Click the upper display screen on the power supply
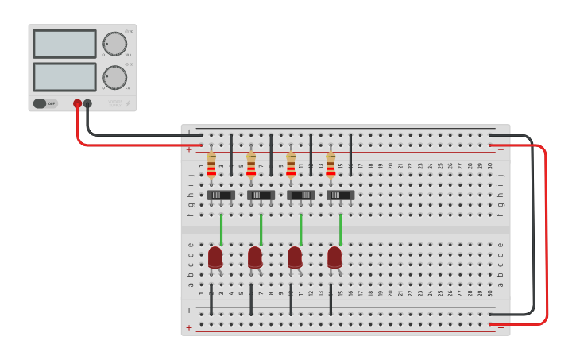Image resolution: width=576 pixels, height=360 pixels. pyautogui.click(x=64, y=44)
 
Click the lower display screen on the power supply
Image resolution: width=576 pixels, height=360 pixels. pyautogui.click(x=64, y=76)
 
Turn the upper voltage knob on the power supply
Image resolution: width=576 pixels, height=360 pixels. pyautogui.click(x=114, y=44)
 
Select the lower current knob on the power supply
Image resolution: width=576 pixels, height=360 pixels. pyautogui.click(x=114, y=77)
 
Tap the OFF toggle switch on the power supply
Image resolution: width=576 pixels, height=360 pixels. pyautogui.click(x=45, y=103)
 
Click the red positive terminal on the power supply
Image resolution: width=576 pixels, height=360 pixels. pyautogui.click(x=77, y=103)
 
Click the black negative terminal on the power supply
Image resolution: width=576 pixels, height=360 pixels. pyautogui.click(x=87, y=103)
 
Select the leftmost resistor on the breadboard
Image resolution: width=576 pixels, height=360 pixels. pyautogui.click(x=211, y=166)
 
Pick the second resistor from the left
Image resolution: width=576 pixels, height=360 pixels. pyautogui.click(x=251, y=166)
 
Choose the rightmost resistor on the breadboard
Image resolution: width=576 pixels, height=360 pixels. pyautogui.click(x=331, y=166)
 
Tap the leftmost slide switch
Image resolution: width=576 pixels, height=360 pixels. pyautogui.click(x=220, y=195)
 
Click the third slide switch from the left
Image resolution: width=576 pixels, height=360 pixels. pyautogui.click(x=300, y=195)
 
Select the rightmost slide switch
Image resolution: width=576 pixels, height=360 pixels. pyautogui.click(x=339, y=195)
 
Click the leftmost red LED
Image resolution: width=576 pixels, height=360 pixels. pyautogui.click(x=215, y=257)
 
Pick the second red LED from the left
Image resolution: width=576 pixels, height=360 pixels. pyautogui.click(x=255, y=257)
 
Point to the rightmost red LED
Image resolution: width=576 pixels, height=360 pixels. pyautogui.click(x=334, y=257)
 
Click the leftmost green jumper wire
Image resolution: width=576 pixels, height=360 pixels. pyautogui.click(x=221, y=229)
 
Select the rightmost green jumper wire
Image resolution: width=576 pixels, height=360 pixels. pyautogui.click(x=340, y=229)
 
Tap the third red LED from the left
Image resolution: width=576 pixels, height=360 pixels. pyautogui.click(x=295, y=257)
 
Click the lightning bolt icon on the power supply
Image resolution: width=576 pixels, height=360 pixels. pyautogui.click(x=129, y=103)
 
